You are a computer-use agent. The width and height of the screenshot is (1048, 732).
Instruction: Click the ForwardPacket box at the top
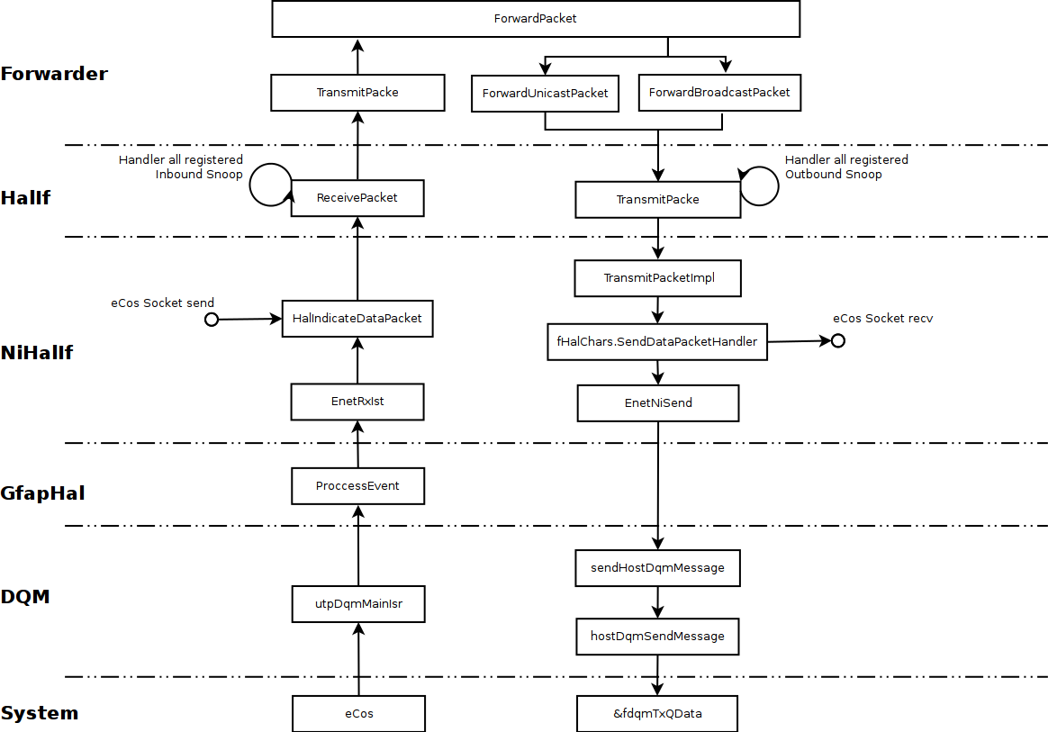click(x=536, y=19)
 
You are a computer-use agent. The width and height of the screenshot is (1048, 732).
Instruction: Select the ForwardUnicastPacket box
click(x=545, y=94)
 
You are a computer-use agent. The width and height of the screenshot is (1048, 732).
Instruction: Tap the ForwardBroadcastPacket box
click(x=718, y=93)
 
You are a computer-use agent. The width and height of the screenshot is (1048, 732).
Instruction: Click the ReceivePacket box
click(x=357, y=198)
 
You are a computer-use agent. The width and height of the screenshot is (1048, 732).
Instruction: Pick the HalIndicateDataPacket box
click(x=357, y=319)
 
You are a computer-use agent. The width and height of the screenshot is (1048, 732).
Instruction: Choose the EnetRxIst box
click(x=357, y=402)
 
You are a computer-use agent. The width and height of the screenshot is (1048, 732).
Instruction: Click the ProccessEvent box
click(x=357, y=486)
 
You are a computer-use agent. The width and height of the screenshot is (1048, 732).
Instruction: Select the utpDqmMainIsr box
click(x=357, y=604)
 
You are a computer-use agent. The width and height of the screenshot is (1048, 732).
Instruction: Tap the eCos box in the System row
click(x=357, y=714)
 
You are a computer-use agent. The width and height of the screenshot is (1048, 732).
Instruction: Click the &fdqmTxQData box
click(x=657, y=714)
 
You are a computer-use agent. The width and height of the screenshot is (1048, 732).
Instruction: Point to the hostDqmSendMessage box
click(x=657, y=637)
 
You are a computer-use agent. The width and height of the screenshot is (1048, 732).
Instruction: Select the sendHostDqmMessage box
click(x=657, y=568)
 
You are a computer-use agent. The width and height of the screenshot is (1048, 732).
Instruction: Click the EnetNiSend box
click(x=657, y=403)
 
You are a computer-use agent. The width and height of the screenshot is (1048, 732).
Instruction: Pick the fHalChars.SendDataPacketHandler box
click(x=657, y=342)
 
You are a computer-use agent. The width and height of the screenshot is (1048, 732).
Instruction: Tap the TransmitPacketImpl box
click(x=657, y=278)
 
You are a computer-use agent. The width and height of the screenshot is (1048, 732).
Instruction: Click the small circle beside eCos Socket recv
click(x=837, y=340)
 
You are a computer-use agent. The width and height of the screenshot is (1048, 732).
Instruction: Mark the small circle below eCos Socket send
click(x=212, y=320)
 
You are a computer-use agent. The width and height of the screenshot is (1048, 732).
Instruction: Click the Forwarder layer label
click(x=54, y=74)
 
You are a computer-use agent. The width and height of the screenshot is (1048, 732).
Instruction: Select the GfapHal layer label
click(x=42, y=493)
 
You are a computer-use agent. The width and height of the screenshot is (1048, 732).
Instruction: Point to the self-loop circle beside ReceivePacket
click(x=268, y=185)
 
